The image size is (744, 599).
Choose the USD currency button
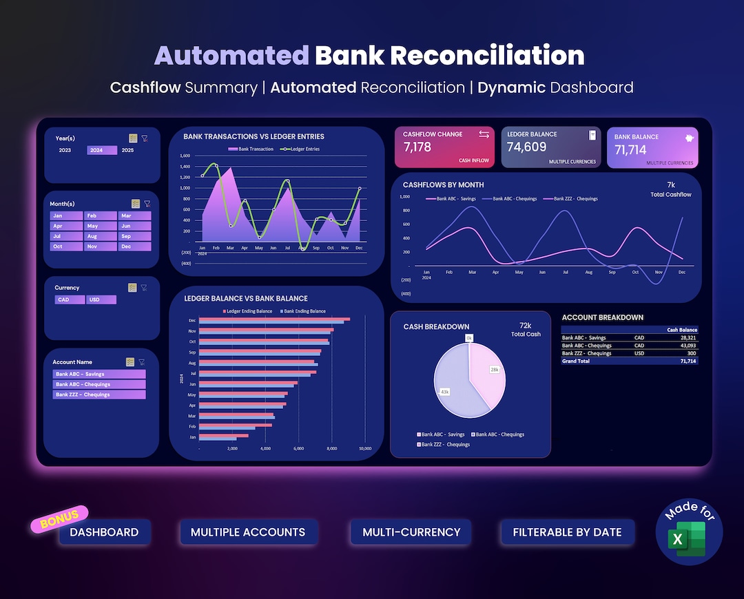[x=101, y=299]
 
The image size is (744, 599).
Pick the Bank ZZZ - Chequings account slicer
[x=99, y=395]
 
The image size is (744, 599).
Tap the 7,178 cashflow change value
[x=417, y=147]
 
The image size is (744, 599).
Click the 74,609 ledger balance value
[x=527, y=147]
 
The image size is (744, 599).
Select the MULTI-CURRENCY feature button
[x=412, y=532]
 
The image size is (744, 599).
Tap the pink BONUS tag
[x=59, y=519]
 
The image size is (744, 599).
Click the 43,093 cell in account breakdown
[x=686, y=346]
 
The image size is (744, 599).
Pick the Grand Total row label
[x=577, y=361]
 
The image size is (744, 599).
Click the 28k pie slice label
[x=494, y=370]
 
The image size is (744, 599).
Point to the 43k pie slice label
[x=444, y=392]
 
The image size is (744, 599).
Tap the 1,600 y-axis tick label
[x=185, y=156]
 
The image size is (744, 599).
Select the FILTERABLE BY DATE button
[x=567, y=532]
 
